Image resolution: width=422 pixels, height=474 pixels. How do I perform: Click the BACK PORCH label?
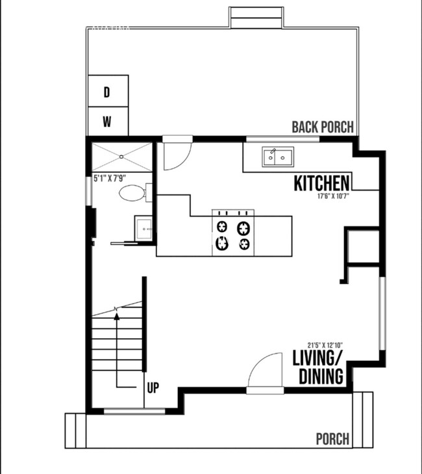(323, 127)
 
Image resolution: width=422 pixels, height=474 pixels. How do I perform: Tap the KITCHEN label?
(323, 183)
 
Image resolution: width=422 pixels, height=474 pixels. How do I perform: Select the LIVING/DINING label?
(318, 367)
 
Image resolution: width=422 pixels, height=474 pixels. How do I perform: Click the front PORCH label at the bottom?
(332, 440)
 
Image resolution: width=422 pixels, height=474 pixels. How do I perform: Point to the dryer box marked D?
(107, 93)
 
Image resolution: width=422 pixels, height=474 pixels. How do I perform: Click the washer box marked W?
(107, 121)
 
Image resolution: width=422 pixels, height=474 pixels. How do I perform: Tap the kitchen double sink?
(278, 157)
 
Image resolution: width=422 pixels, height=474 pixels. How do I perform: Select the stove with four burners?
(232, 234)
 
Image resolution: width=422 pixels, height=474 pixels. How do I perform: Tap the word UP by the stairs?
(153, 389)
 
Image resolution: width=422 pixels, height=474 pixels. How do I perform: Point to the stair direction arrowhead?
(117, 317)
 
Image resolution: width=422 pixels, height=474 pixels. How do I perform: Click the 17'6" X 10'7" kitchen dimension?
(334, 196)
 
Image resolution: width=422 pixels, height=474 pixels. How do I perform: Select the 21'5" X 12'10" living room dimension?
(325, 345)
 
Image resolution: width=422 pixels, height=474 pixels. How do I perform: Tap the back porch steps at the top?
(255, 17)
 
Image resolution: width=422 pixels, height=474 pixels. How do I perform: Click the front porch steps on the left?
(75, 430)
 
